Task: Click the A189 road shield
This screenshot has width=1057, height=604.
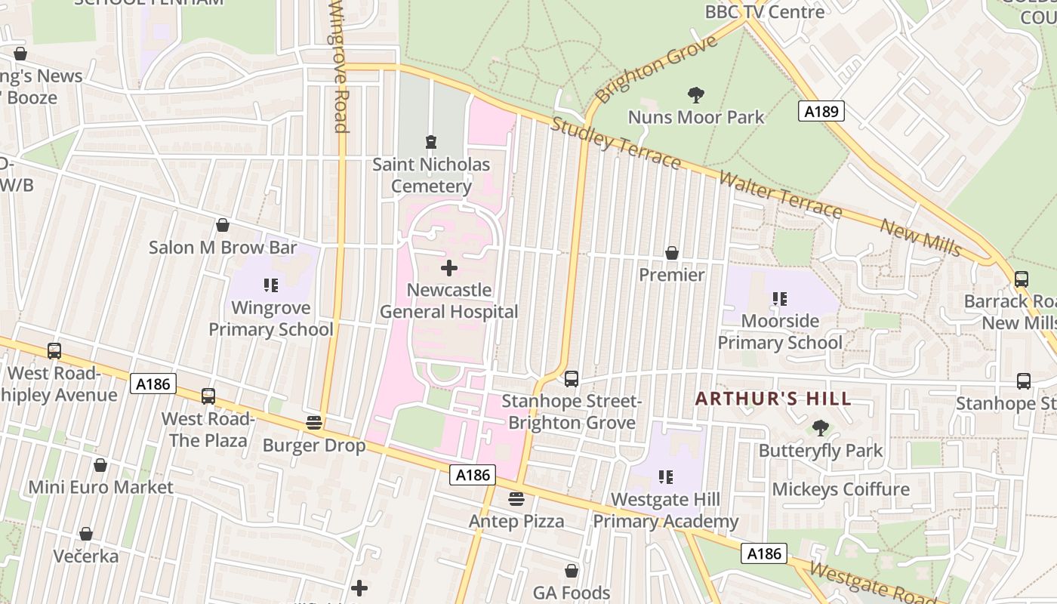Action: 821,112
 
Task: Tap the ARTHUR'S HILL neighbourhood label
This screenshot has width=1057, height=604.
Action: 773,399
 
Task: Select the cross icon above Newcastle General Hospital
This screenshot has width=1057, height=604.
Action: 449,268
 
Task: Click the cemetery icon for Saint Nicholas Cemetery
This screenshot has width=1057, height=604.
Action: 430,142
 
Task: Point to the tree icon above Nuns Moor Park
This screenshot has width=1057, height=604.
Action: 696,95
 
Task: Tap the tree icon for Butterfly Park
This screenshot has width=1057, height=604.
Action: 821,429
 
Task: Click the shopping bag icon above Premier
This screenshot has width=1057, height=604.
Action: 671,253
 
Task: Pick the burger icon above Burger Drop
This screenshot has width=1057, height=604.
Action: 314,423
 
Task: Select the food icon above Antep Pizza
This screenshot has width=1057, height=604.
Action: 516,499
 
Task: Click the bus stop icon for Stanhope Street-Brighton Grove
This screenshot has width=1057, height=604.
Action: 572,379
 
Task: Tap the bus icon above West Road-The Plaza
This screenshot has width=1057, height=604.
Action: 208,396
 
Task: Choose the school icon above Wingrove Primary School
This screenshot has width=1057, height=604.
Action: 271,285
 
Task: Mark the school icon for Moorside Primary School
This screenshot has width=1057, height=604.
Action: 780,299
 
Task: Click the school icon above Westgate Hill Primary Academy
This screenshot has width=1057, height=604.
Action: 665,477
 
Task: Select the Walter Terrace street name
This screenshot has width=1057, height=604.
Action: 779,195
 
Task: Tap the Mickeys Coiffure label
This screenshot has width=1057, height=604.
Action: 840,489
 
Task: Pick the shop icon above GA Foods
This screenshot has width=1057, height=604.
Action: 572,571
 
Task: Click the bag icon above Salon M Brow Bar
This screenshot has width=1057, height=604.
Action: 223,225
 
